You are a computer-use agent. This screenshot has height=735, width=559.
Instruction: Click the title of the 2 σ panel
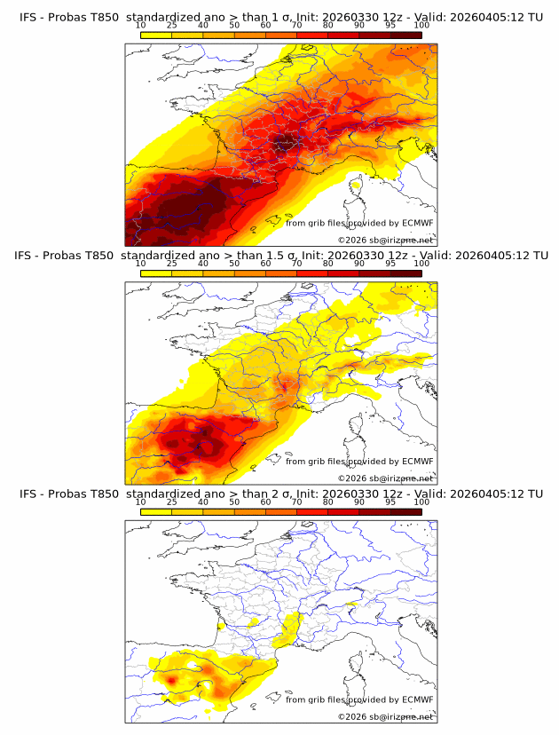pyautogui.click(x=280, y=493)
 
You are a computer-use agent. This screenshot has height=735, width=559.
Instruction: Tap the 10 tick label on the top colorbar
pyautogui.click(x=141, y=26)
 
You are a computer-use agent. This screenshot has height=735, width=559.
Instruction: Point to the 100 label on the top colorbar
pyautogui.click(x=421, y=26)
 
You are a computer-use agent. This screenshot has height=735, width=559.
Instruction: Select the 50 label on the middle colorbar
pyautogui.click(x=234, y=264)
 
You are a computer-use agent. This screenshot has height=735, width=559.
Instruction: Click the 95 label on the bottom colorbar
pyautogui.click(x=390, y=502)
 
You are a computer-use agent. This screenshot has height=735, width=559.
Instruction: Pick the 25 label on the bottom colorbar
pyautogui.click(x=172, y=502)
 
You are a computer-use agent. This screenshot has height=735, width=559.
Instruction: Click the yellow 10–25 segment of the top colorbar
pyautogui.click(x=156, y=36)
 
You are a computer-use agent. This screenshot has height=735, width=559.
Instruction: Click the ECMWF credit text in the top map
pyautogui.click(x=358, y=223)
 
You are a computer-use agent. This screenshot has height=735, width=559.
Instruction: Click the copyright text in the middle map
pyautogui.click(x=385, y=478)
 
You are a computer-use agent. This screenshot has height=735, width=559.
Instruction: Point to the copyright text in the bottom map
pyautogui.click(x=385, y=715)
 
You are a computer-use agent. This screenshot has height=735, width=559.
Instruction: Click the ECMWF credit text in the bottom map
pyautogui.click(x=358, y=699)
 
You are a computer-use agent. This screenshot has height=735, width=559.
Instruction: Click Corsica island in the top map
pyautogui.click(x=357, y=188)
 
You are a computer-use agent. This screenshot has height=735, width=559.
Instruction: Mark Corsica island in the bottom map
pyautogui.click(x=357, y=664)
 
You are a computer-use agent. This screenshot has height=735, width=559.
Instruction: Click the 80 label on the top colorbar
pyautogui.click(x=328, y=26)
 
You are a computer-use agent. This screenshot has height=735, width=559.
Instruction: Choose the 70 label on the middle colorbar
pyautogui.click(x=296, y=264)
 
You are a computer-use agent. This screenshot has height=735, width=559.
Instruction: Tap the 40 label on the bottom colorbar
pyautogui.click(x=203, y=502)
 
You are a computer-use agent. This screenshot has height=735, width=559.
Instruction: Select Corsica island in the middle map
pyautogui.click(x=357, y=426)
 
